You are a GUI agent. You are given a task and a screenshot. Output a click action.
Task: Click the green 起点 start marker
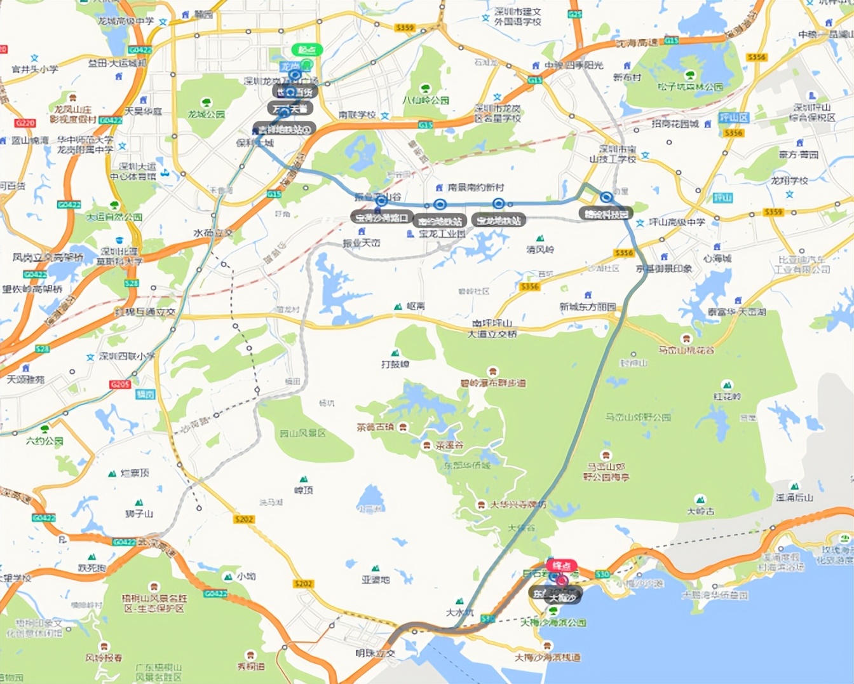click(308, 50)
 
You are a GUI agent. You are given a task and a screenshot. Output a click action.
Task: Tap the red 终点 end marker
click(561, 565)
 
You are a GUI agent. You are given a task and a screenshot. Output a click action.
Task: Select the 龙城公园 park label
click(206, 114)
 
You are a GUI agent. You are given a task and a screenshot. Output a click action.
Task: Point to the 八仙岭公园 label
click(426, 100)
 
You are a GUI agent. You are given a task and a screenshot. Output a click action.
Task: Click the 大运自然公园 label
click(114, 217)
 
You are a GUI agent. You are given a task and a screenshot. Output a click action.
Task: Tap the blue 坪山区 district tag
click(733, 118)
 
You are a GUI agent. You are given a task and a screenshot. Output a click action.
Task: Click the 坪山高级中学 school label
click(677, 222)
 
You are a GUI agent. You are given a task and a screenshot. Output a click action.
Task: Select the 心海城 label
click(717, 258)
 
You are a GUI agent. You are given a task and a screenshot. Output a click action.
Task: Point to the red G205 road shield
click(120, 385)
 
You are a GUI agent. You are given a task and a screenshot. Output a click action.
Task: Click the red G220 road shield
click(25, 123)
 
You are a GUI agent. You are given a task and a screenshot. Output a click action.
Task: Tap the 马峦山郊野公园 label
click(638, 417)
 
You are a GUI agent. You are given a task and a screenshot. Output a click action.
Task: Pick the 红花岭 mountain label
click(727, 396)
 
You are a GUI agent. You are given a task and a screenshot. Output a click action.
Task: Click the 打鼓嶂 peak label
click(395, 364)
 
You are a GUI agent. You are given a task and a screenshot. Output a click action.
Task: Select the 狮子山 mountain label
click(139, 513)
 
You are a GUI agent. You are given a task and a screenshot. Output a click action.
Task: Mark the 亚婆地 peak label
click(376, 579)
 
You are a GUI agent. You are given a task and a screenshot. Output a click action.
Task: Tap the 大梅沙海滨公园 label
click(553, 622)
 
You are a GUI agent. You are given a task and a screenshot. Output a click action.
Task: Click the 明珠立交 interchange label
click(375, 653)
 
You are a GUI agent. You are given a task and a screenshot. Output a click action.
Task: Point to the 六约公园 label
click(44, 440)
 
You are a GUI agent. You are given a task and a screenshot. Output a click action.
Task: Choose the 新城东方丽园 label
click(587, 306)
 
